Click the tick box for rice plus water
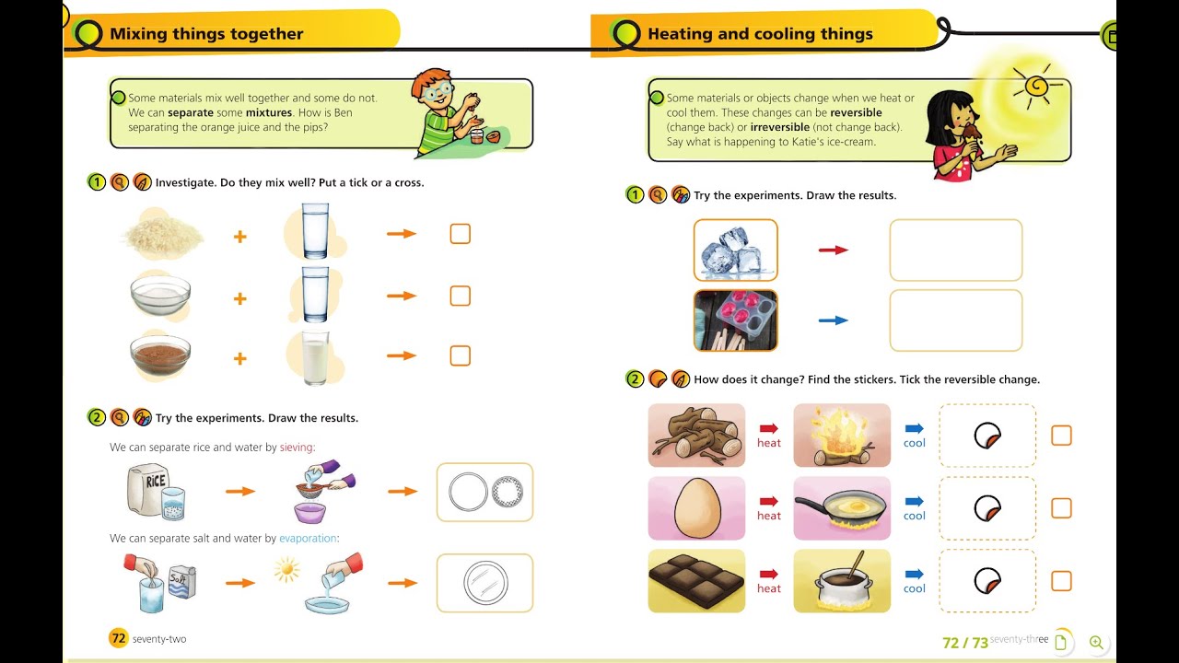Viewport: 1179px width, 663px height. pyautogui.click(x=460, y=234)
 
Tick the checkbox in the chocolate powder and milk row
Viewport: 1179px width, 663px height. pyautogui.click(x=460, y=355)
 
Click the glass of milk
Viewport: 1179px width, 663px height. pyautogui.click(x=315, y=358)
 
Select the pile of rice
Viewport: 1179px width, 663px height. pyautogui.click(x=162, y=235)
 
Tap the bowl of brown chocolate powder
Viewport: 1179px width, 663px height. pyautogui.click(x=160, y=355)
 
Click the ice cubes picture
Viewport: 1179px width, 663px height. pyautogui.click(x=735, y=250)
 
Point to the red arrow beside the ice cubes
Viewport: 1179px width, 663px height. pyautogui.click(x=834, y=250)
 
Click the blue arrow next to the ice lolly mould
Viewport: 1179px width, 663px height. pyautogui.click(x=834, y=320)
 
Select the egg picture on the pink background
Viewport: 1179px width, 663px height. pyautogui.click(x=696, y=508)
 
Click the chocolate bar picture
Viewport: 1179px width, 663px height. pyautogui.click(x=696, y=581)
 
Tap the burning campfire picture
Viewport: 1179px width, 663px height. pyautogui.click(x=842, y=436)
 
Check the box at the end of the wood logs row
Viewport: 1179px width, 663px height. pyautogui.click(x=1061, y=436)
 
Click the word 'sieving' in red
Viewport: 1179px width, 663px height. pyautogui.click(x=297, y=448)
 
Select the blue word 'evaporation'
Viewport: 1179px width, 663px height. pyautogui.click(x=309, y=539)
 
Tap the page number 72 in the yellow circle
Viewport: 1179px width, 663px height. pyautogui.click(x=119, y=638)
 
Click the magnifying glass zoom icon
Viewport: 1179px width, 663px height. pyautogui.click(x=1096, y=643)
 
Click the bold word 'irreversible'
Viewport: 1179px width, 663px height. pyautogui.click(x=780, y=127)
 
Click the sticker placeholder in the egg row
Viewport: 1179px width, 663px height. pyautogui.click(x=987, y=508)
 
